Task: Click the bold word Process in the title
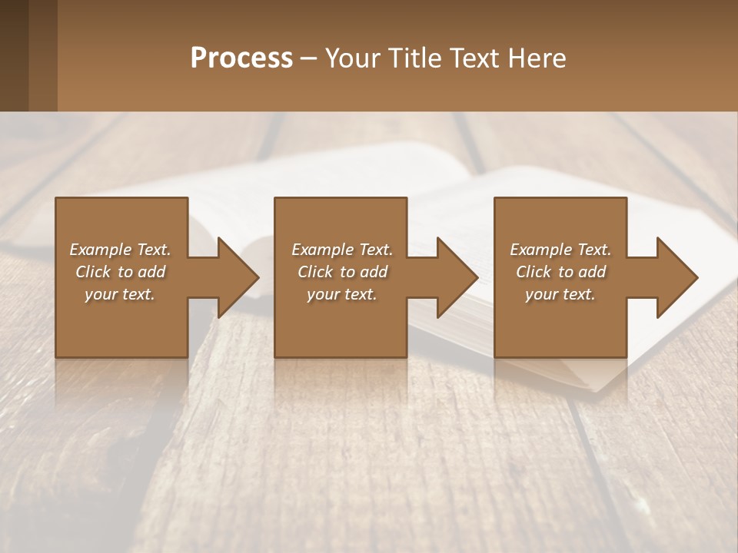pos(241,58)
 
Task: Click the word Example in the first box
pos(100,250)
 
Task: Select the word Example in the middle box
pos(322,250)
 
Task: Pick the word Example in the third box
pos(540,250)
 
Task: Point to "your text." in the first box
pos(120,294)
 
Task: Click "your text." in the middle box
pos(342,294)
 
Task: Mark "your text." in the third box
pos(560,294)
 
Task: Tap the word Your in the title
pos(354,58)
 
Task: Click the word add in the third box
pos(592,272)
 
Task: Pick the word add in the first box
pos(151,272)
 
